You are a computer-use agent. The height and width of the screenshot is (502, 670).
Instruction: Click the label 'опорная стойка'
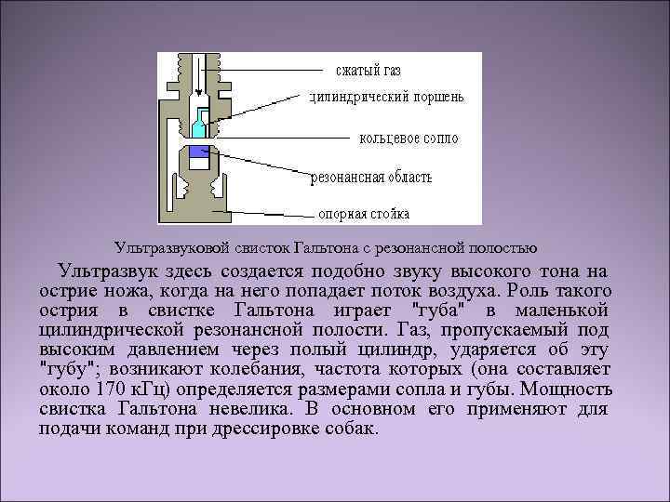[365, 213]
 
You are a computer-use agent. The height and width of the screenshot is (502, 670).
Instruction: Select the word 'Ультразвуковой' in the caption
[164, 248]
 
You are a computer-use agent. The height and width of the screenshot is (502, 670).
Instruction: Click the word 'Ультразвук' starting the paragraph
[104, 271]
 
